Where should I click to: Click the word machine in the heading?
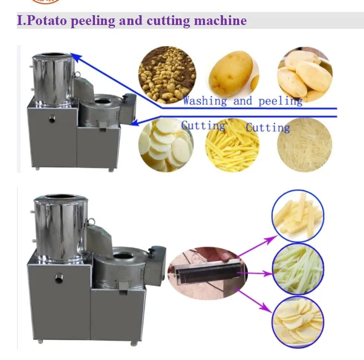pos(223,21)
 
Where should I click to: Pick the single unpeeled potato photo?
pos(232,72)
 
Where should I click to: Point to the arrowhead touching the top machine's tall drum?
pos(74,55)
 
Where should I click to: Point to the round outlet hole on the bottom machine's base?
pos(59,279)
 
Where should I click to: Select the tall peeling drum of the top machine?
pos(52,76)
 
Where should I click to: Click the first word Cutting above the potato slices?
pos(203,126)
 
